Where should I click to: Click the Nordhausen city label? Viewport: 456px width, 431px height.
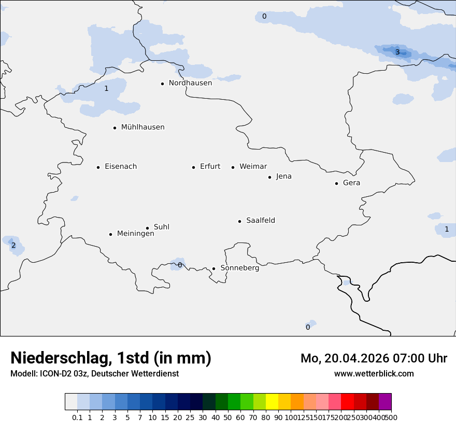click(190, 83)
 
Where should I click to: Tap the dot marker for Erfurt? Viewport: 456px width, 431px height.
click(193, 167)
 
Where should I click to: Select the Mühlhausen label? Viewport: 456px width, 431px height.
click(142, 127)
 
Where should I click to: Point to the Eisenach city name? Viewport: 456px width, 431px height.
click(121, 167)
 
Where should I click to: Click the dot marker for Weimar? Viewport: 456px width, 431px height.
click(233, 167)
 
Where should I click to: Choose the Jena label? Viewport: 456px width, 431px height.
click(283, 177)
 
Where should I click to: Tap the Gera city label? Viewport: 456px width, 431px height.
click(351, 183)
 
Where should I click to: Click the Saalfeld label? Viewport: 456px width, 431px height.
click(260, 221)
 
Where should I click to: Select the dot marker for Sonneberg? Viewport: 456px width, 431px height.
click(213, 268)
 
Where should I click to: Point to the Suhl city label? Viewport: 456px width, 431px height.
click(161, 227)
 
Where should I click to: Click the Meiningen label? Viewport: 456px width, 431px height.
click(135, 234)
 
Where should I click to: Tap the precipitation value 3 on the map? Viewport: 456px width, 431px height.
click(397, 52)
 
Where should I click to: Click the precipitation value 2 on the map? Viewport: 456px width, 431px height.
click(13, 246)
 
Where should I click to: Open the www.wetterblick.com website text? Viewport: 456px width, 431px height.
click(374, 373)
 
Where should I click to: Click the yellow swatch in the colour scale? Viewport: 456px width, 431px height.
click(272, 402)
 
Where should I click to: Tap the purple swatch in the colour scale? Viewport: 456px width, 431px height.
click(385, 402)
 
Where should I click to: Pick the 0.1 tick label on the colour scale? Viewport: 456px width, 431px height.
click(77, 417)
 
